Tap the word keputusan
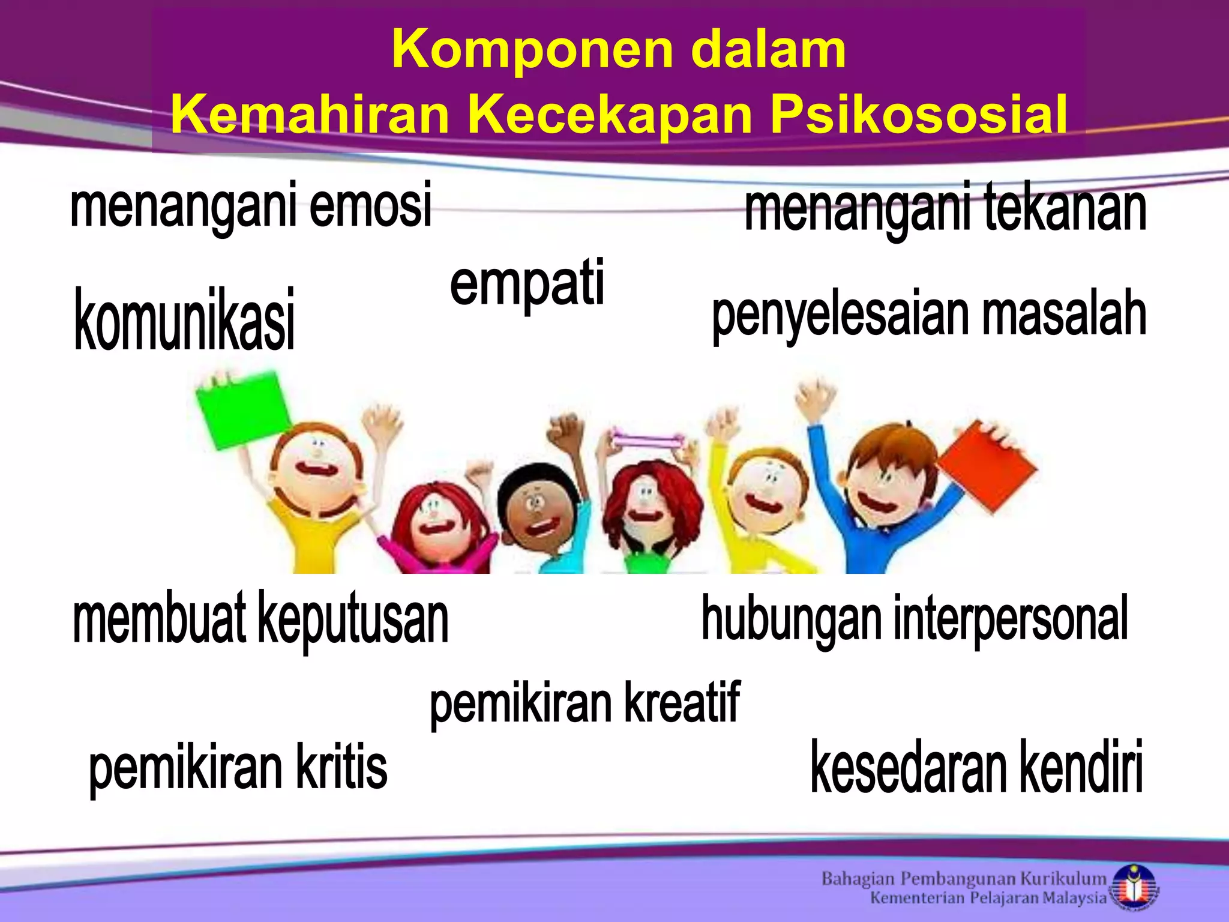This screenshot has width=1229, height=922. click(x=353, y=618)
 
